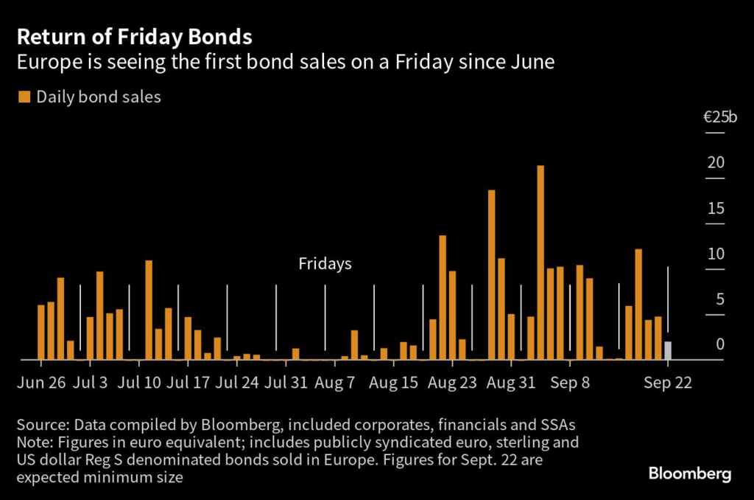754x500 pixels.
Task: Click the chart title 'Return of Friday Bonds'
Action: pyautogui.click(x=135, y=37)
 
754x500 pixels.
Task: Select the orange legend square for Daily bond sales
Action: pyautogui.click(x=25, y=97)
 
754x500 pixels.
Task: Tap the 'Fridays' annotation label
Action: pyautogui.click(x=325, y=263)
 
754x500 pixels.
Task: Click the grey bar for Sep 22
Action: pyautogui.click(x=668, y=350)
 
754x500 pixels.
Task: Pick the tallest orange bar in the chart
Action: pyautogui.click(x=540, y=262)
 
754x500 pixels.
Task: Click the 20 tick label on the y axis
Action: pyautogui.click(x=716, y=162)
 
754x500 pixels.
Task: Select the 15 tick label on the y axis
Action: pyautogui.click(x=716, y=208)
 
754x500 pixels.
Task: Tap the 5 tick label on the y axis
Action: pyautogui.click(x=720, y=299)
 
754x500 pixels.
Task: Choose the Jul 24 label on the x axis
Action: pyautogui.click(x=238, y=383)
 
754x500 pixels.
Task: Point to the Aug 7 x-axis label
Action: pyautogui.click(x=334, y=383)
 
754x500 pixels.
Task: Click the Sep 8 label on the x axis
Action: pyautogui.click(x=570, y=383)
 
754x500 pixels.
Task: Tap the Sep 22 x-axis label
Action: pyautogui.click(x=667, y=383)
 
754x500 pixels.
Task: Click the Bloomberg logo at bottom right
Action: pyautogui.click(x=690, y=473)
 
